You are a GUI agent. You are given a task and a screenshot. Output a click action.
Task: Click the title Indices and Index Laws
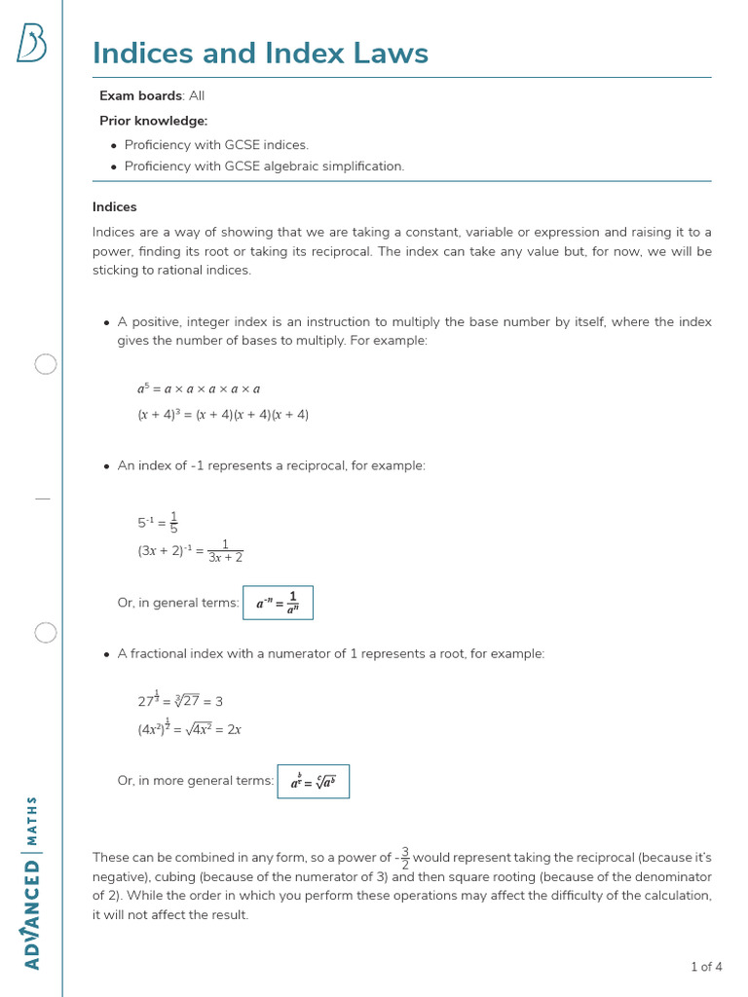[260, 53]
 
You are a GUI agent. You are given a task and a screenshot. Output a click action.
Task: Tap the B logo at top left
[31, 44]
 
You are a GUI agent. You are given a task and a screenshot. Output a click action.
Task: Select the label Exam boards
[140, 95]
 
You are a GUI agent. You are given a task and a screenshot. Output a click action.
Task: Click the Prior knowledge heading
[153, 121]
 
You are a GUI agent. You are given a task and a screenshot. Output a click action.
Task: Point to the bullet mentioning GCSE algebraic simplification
[264, 166]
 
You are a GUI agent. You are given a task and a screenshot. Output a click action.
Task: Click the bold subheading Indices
[115, 207]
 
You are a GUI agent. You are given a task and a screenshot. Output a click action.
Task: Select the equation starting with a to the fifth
[199, 388]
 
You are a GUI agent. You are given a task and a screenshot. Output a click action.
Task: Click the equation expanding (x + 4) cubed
[223, 415]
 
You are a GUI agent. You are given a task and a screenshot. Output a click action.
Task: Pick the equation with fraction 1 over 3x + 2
[191, 551]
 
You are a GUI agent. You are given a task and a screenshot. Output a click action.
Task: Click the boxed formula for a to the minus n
[278, 603]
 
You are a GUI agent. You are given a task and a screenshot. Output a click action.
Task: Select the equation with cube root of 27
[180, 700]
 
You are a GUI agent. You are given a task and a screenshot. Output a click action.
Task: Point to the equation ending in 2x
[190, 728]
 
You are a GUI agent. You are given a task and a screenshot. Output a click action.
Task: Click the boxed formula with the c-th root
[314, 781]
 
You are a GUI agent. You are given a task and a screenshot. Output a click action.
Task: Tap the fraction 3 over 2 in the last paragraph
[405, 858]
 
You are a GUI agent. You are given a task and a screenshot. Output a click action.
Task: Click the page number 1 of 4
[706, 967]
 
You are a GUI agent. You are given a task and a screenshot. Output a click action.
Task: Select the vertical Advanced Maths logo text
[32, 882]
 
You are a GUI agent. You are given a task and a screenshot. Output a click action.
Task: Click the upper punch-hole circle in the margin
[46, 365]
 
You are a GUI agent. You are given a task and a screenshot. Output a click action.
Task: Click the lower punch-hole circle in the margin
[46, 633]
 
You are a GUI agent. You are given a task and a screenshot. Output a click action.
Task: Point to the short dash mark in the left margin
[42, 498]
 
